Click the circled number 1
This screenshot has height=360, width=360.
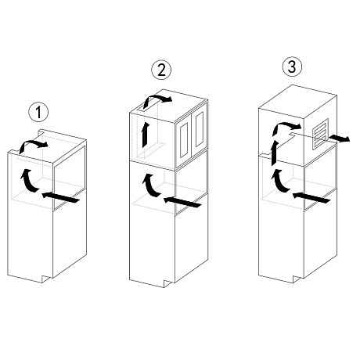(x=38, y=112)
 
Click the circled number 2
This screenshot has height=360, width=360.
(x=161, y=70)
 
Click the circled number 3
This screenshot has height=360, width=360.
(x=292, y=67)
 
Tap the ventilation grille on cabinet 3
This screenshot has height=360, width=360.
(x=321, y=134)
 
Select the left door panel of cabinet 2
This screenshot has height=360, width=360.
(x=184, y=140)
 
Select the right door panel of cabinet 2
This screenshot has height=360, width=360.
(x=200, y=129)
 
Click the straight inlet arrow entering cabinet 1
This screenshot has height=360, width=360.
(x=60, y=197)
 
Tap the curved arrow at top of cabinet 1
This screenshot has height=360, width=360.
(x=33, y=143)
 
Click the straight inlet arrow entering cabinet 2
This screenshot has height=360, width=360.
(x=182, y=203)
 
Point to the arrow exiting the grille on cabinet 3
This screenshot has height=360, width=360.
(x=339, y=139)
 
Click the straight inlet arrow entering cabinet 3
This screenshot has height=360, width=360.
(x=311, y=198)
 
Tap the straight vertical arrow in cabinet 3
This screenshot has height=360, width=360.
(x=274, y=153)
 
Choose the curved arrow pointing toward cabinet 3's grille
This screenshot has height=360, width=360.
(x=286, y=125)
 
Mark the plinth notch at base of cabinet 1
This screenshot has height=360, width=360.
(x=45, y=279)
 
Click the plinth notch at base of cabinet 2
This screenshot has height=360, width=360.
(x=167, y=284)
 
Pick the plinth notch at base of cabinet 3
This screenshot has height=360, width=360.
(x=297, y=279)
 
